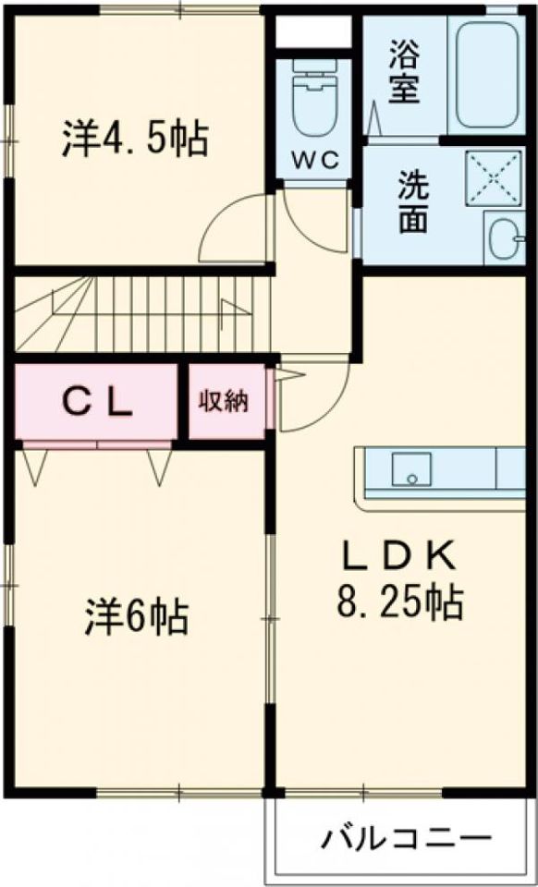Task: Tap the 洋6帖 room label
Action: tap(139, 616)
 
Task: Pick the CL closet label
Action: tap(96, 402)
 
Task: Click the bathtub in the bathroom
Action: tap(485, 74)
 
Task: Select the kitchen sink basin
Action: tap(410, 468)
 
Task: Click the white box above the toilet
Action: tap(314, 32)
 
